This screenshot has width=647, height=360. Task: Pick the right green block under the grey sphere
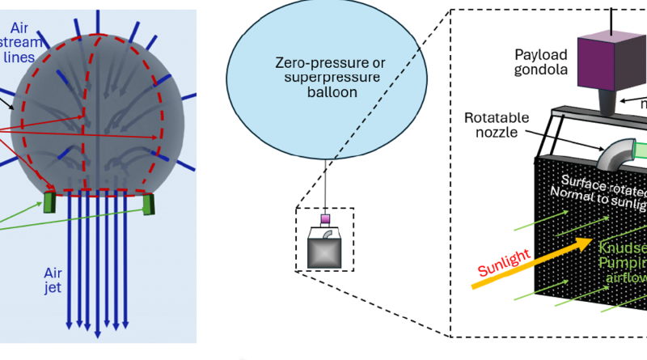148,204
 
